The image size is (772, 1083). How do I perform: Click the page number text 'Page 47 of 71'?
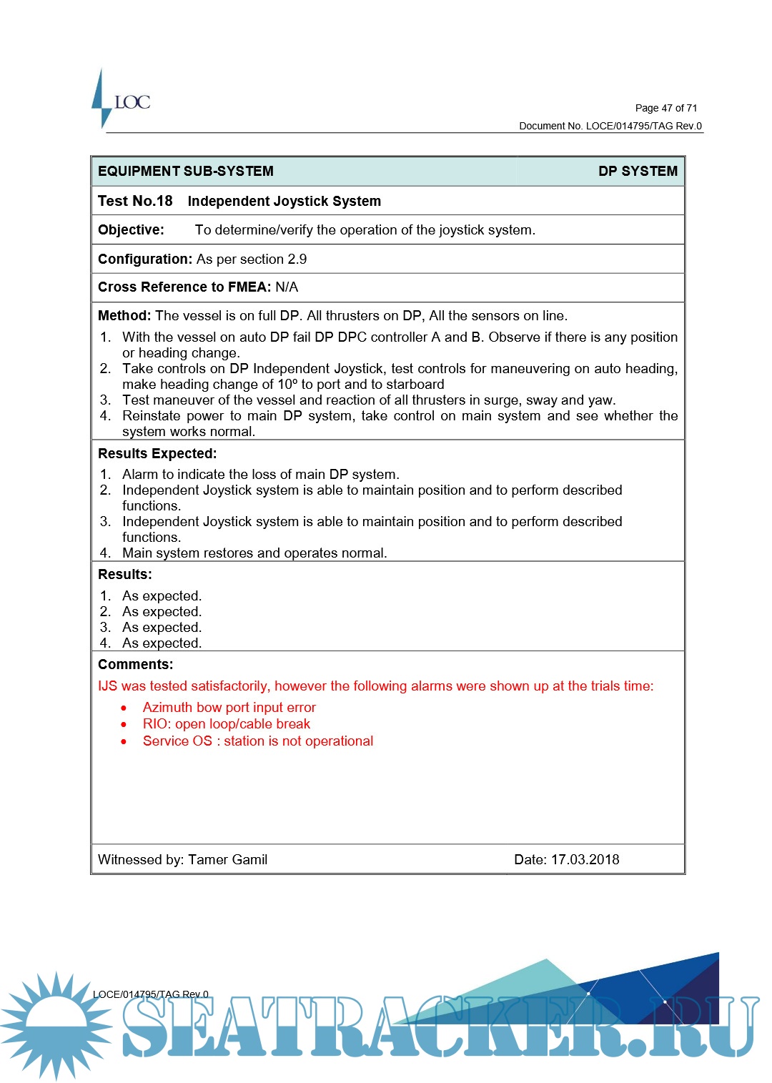[x=665, y=108]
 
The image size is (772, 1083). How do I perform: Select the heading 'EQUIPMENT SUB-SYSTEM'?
[x=186, y=172]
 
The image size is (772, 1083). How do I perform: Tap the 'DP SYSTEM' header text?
[x=638, y=172]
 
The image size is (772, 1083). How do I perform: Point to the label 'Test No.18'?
[x=135, y=202]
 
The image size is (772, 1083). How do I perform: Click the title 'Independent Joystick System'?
[x=284, y=202]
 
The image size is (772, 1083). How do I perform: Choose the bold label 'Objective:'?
[x=131, y=230]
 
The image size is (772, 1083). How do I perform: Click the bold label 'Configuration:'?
[x=145, y=259]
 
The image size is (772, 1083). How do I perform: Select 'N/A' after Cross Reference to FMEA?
[x=287, y=287]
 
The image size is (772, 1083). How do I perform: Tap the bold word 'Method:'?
[x=124, y=316]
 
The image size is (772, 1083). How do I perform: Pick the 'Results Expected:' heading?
[x=157, y=454]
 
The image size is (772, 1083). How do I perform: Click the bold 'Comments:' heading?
[x=136, y=665]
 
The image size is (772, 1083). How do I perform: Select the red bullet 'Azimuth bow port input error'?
[x=229, y=708]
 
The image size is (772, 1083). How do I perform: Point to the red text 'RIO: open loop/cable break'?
[x=226, y=724]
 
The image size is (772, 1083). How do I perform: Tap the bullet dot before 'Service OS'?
[x=124, y=742]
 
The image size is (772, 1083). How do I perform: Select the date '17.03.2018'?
[x=585, y=860]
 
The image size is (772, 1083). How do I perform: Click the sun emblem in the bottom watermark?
[x=56, y=1024]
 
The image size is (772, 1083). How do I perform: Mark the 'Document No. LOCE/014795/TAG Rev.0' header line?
[x=610, y=127]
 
